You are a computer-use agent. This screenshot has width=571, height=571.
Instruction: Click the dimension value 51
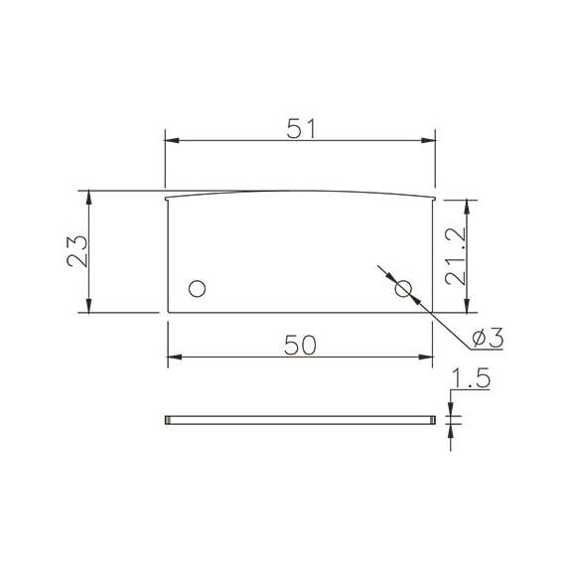300,128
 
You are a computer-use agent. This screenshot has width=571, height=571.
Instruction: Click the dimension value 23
77,251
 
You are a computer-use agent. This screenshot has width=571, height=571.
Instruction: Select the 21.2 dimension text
455,256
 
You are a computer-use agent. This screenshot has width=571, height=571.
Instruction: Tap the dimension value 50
300,345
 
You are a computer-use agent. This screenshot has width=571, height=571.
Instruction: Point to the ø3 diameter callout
488,338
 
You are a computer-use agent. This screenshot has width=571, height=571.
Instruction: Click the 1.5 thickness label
471,378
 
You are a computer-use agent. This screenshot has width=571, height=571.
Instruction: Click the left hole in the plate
198,289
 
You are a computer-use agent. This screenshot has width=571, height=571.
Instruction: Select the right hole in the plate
403,289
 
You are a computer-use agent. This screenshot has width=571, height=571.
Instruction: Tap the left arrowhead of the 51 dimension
172,140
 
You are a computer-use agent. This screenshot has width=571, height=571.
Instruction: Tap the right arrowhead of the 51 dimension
428,140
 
